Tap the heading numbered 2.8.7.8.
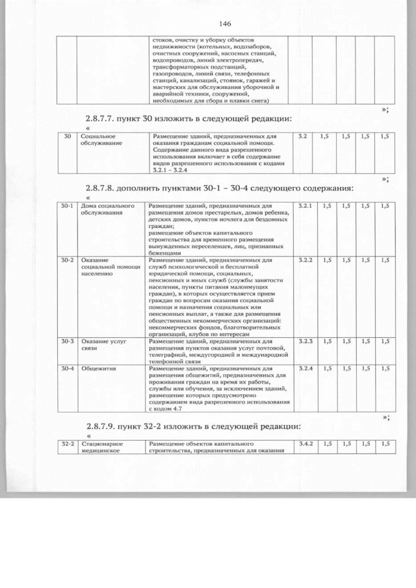coord(219,188)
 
